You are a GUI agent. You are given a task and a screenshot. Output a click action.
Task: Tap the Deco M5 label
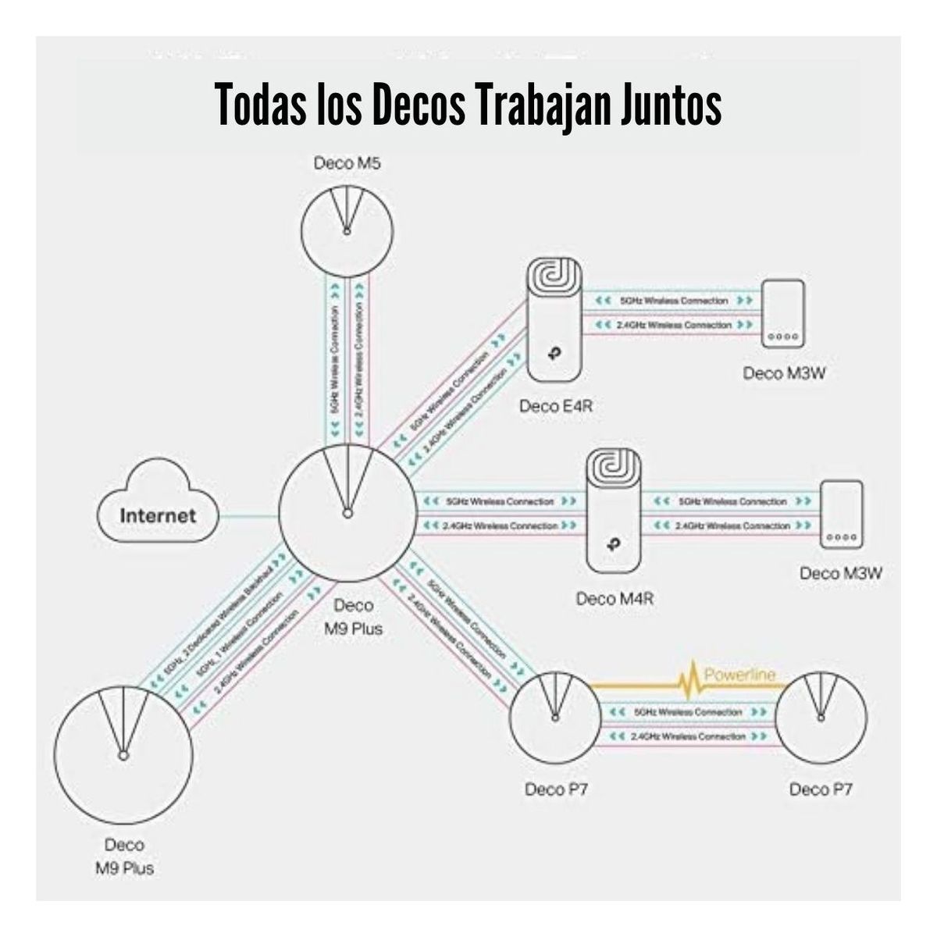[x=347, y=164]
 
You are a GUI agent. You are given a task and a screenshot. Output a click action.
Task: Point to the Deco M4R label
[x=614, y=600]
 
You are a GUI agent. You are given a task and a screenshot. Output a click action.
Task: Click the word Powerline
[x=740, y=674]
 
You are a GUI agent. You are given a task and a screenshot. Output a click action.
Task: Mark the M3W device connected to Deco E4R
[x=783, y=312]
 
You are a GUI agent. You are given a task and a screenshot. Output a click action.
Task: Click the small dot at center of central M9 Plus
[x=347, y=514]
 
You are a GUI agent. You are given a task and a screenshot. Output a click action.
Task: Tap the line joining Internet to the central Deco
[x=248, y=515]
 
